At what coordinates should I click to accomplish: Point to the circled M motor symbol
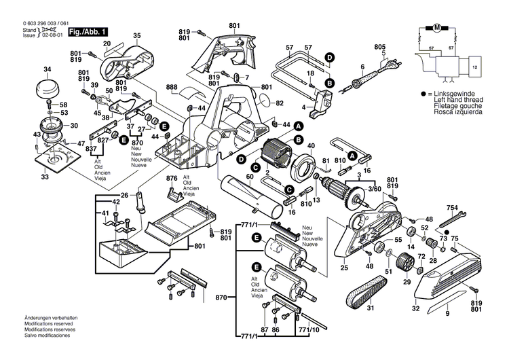point(437,28)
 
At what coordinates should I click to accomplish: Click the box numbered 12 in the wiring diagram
point(474,68)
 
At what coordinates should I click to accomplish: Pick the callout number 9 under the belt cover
point(447,314)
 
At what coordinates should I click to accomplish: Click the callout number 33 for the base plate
point(45,177)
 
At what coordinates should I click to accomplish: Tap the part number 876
point(172,178)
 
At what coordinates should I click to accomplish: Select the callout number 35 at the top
point(136,35)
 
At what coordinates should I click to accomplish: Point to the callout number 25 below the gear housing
point(343,268)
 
